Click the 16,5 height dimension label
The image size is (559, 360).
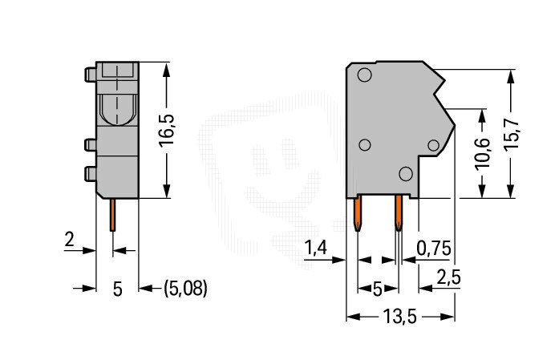coord(166,131)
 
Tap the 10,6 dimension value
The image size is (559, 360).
coord(483,153)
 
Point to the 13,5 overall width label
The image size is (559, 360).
coord(400,317)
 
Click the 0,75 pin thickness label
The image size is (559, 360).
coord(434,248)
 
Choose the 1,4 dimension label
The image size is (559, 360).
coord(315,248)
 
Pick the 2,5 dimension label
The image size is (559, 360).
coord(449,277)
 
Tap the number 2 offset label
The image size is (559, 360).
coord(69,240)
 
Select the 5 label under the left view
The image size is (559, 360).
coord(118,289)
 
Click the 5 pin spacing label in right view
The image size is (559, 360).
coord(377,289)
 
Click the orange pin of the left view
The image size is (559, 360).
coord(112,215)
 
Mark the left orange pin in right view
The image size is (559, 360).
coord(358,213)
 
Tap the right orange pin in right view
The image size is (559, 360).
coord(399,213)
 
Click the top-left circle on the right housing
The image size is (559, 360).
coord(364,75)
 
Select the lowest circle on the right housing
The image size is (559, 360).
coord(406,173)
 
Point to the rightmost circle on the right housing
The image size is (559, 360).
coord(434,145)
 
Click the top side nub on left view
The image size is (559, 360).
coord(90,75)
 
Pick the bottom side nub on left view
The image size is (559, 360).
coord(90,173)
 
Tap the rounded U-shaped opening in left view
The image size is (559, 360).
coord(117,110)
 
